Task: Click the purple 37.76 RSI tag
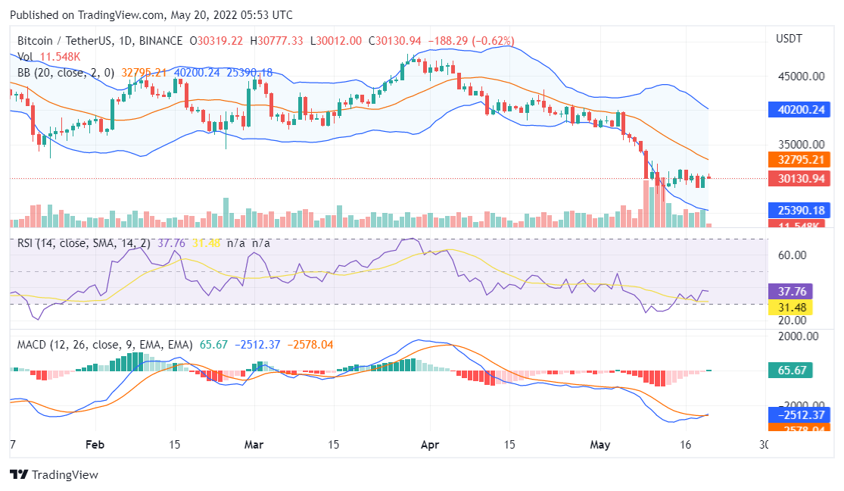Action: [x=792, y=291]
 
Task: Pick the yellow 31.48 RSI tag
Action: [x=792, y=307]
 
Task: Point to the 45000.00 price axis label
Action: [x=798, y=77]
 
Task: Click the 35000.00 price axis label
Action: [x=798, y=144]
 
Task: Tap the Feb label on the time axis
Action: [x=94, y=444]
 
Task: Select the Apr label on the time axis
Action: [x=430, y=444]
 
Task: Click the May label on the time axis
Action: [x=600, y=444]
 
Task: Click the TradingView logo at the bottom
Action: [x=54, y=475]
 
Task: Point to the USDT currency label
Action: [x=789, y=39]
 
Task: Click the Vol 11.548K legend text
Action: [x=49, y=57]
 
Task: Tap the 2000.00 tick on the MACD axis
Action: [x=798, y=336]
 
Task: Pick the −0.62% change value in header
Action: [x=493, y=41]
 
